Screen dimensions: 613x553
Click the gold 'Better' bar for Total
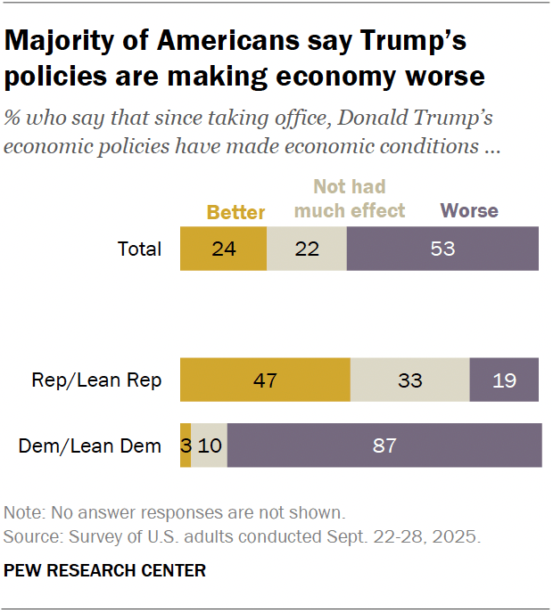click(223, 249)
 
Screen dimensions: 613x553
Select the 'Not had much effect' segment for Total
click(306, 249)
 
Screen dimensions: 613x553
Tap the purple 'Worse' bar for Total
click(442, 249)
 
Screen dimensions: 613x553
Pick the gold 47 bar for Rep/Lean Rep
click(265, 380)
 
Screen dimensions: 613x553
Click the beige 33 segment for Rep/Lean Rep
click(409, 380)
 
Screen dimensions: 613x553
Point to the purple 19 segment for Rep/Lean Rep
click(504, 380)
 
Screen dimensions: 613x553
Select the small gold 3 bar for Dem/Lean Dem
click(186, 445)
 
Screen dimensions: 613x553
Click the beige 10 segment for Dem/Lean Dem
click(210, 445)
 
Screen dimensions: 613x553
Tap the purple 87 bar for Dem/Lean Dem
click(384, 445)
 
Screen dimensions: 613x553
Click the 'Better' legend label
click(236, 212)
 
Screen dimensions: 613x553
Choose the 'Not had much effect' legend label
click(350, 200)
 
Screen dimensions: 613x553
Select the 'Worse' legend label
click(469, 211)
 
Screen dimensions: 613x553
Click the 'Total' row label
click(140, 249)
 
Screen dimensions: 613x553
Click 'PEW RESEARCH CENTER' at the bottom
click(105, 570)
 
